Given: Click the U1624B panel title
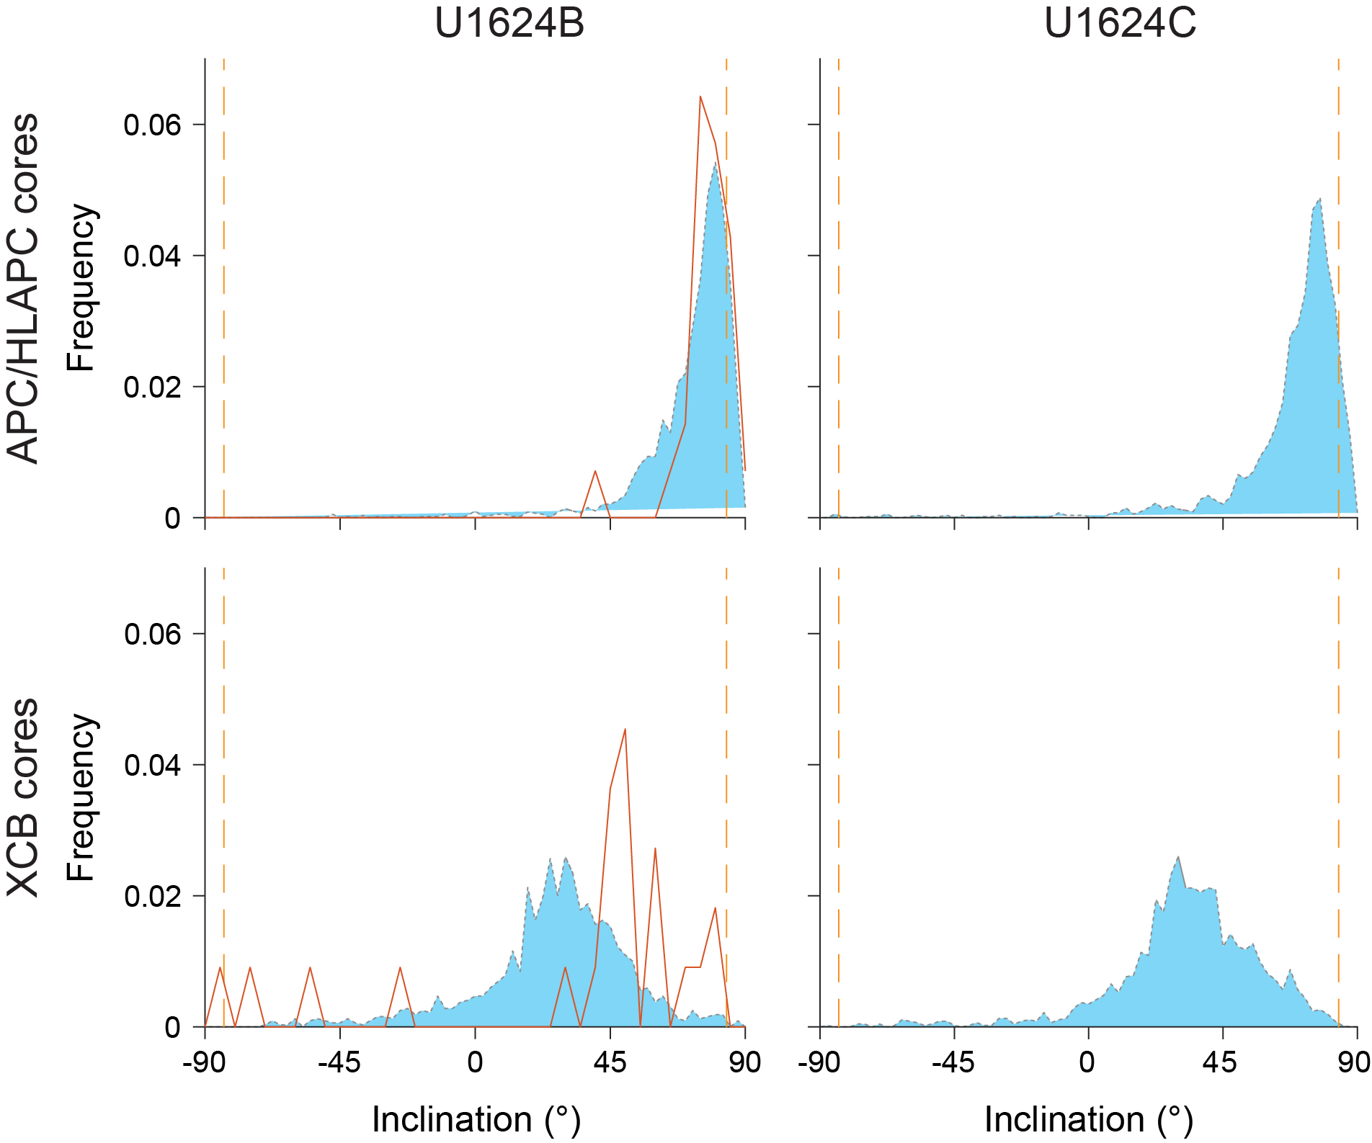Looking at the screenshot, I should point(509,23).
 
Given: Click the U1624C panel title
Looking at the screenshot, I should point(1120,23).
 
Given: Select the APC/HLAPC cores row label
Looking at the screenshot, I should point(23,288).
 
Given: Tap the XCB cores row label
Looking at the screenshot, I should point(23,797).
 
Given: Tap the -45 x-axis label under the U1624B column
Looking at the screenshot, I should point(339,1062).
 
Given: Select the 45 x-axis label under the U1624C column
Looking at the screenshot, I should point(1223,1062).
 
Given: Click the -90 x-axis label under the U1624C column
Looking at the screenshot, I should point(819,1062).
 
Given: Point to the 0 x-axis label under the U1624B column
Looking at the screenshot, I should point(475,1062).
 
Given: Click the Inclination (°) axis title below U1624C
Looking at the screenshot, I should point(1089,1120).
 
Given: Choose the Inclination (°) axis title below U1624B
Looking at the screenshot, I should point(476,1120).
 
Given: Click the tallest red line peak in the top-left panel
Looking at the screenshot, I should point(700,97).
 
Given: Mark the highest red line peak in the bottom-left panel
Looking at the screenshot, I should point(625,729).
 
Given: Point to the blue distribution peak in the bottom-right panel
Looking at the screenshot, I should point(1178,857).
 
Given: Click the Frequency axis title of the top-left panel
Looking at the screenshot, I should point(81,288).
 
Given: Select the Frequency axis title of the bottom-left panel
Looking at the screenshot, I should point(81,797).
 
